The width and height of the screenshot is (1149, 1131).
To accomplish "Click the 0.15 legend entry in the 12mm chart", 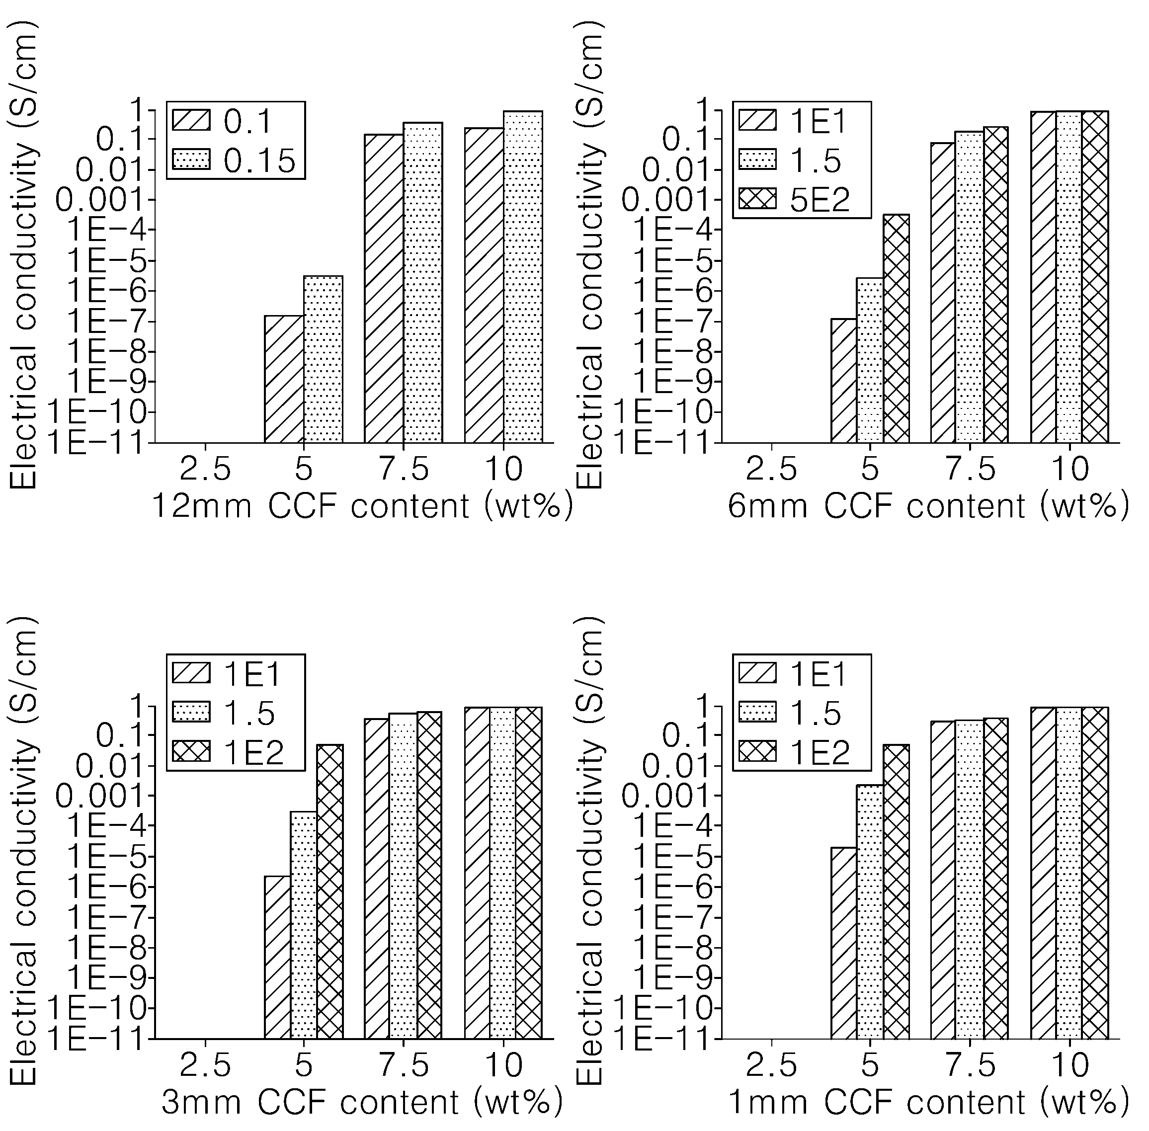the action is (x=234, y=160).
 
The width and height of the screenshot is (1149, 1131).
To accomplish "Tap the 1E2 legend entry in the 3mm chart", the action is (x=228, y=752).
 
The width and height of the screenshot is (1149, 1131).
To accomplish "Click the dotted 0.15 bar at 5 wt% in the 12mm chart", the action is (x=323, y=359).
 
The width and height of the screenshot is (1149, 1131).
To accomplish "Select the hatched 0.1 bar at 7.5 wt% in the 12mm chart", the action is (x=384, y=289).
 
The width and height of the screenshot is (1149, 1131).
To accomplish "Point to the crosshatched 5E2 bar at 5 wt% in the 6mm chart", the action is (x=896, y=328).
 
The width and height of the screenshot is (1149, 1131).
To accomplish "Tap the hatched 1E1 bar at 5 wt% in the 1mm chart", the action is (x=844, y=943).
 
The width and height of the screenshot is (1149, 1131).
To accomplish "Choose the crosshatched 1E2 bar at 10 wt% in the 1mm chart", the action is (x=1094, y=873).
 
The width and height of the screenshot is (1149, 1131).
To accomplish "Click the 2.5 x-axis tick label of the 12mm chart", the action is (x=205, y=469).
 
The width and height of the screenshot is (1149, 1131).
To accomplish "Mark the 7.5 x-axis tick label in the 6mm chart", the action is (x=970, y=469).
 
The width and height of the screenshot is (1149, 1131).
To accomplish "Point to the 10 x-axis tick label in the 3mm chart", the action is (x=504, y=1066).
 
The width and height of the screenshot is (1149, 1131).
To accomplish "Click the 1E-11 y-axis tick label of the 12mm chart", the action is (x=95, y=443).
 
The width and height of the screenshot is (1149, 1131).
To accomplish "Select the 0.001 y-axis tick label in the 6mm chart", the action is (x=665, y=201).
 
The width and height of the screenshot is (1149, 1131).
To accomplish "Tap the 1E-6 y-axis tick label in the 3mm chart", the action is (x=105, y=888).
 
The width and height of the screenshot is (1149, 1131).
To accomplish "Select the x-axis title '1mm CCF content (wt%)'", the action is (x=928, y=1103).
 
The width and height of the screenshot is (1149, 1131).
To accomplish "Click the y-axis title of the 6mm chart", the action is (x=589, y=255).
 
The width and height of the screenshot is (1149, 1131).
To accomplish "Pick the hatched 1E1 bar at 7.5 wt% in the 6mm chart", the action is (x=943, y=293).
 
